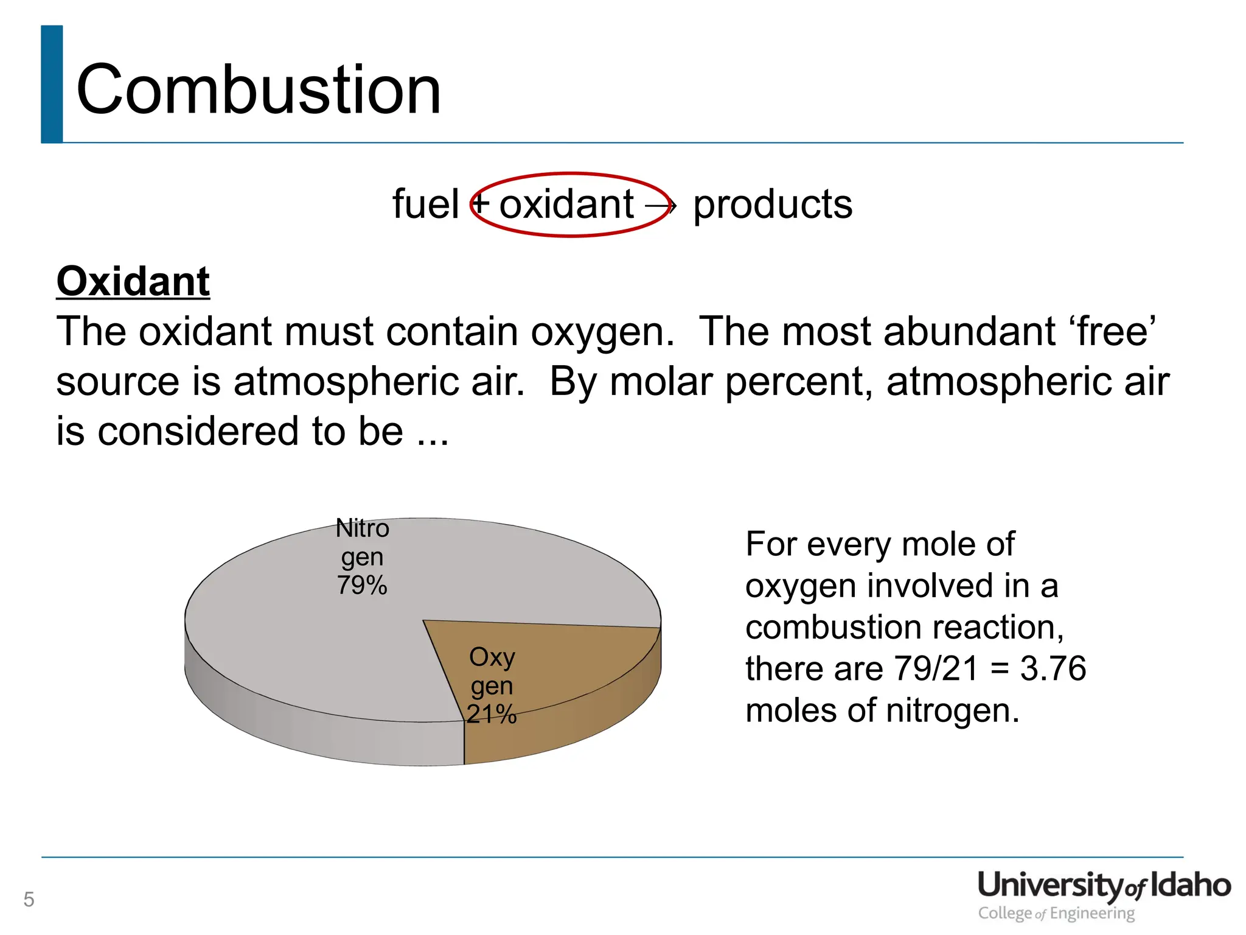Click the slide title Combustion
click(x=259, y=90)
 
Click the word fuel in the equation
click(x=425, y=204)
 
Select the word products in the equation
click(x=773, y=204)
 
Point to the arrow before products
click(x=660, y=206)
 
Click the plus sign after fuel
click(x=481, y=203)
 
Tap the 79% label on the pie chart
click(x=362, y=585)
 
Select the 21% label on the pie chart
click(x=492, y=713)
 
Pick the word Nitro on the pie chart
click(x=362, y=528)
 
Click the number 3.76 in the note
click(x=1053, y=668)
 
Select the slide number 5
click(x=29, y=899)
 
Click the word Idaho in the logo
click(x=1190, y=885)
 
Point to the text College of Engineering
click(x=1056, y=913)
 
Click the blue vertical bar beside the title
click(x=52, y=84)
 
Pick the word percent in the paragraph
click(x=799, y=382)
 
